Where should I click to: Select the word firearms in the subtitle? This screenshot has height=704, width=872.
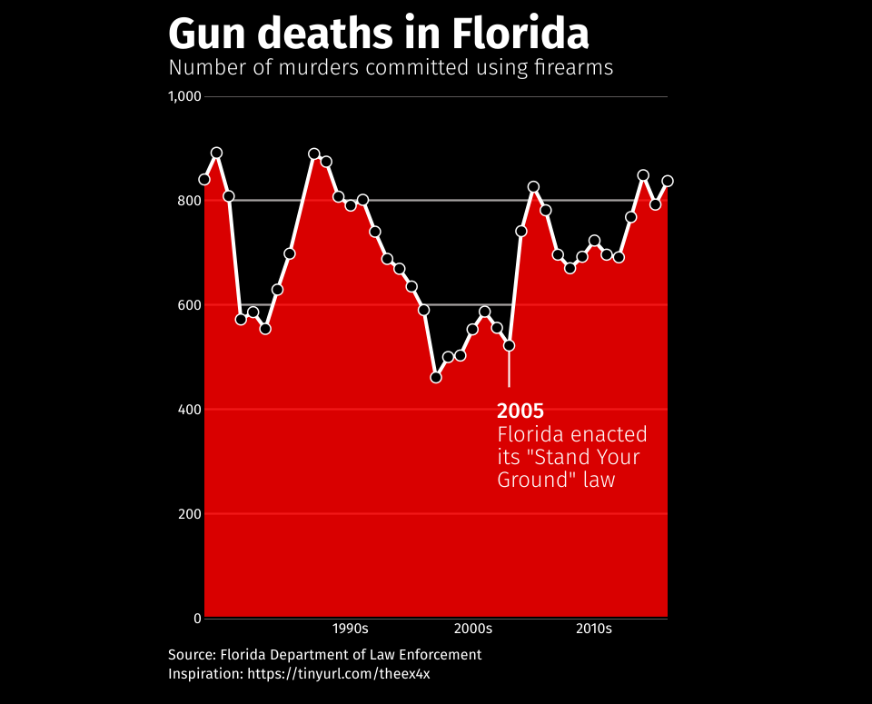coord(570,68)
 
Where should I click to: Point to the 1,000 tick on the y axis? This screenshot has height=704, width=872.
coord(184,96)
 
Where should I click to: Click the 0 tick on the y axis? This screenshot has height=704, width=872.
coord(196,619)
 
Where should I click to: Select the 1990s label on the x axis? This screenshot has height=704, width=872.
coord(350,629)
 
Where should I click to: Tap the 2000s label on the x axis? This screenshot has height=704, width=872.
coord(473,629)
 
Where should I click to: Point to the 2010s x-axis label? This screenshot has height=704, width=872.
coord(594,629)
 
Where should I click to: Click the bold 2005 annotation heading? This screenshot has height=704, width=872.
coord(520,411)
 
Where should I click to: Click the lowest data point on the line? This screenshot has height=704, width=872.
coord(436,377)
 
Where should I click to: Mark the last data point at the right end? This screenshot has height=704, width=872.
coord(668,181)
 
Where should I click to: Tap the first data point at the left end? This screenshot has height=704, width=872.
coord(204,180)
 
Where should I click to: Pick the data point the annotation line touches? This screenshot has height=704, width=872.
coord(509,345)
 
